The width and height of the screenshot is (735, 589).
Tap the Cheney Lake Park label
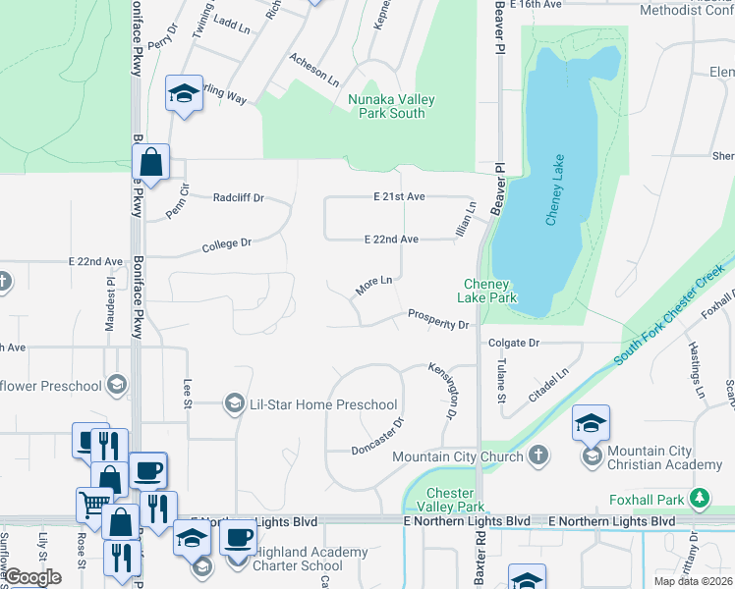(490, 291)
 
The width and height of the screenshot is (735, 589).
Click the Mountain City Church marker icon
(537, 455)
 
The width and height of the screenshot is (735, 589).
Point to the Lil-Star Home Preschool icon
(234, 402)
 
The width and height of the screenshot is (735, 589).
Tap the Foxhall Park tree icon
(699, 499)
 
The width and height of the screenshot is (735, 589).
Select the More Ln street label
(373, 285)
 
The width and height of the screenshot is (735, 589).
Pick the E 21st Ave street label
(399, 196)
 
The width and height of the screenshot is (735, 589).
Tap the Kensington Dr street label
(443, 390)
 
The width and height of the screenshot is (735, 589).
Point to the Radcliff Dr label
(239, 197)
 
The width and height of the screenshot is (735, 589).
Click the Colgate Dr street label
(514, 343)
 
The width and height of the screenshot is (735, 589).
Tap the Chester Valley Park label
(452, 500)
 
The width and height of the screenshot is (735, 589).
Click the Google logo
(32, 577)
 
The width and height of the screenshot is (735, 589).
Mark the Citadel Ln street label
(549, 383)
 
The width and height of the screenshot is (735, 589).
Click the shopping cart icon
(92, 505)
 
